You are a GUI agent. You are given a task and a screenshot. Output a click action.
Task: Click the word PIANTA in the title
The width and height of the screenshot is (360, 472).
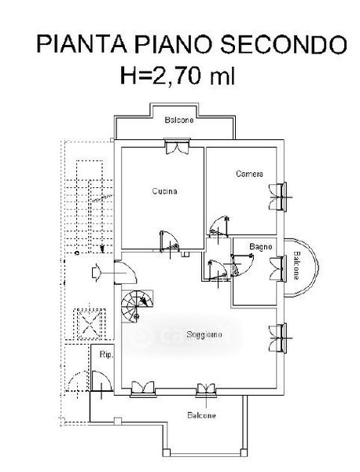82,44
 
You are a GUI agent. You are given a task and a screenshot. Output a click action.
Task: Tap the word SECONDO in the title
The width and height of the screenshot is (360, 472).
284,44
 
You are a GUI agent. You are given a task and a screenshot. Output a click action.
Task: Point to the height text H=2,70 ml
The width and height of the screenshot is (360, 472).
177,75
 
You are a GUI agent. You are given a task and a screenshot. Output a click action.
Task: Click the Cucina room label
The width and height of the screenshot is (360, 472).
164,191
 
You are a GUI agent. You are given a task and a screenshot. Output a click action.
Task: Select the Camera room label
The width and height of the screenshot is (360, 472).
249,174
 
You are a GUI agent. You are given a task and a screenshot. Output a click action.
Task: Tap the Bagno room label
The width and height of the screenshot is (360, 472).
260,247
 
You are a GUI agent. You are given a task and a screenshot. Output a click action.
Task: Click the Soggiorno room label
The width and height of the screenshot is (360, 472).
204,334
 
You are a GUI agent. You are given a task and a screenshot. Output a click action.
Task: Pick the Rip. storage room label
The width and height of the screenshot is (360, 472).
106,355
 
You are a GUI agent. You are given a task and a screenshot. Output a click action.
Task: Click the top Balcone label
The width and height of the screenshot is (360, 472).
179,120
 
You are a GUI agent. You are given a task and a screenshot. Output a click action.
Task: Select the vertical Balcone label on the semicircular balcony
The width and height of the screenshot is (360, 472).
296,265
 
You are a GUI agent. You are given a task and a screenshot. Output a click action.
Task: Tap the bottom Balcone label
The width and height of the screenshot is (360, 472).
201,415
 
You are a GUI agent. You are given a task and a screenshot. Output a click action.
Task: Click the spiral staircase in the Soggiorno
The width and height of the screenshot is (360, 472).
137,306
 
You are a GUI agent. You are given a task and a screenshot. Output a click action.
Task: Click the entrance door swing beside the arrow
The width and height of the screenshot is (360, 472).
126,273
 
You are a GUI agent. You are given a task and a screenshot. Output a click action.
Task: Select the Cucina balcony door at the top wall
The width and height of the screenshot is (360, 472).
178,146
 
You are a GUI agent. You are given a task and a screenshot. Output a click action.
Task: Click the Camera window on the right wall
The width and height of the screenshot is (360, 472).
278,197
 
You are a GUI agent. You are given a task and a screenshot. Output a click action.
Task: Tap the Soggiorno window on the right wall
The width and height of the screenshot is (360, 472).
278,337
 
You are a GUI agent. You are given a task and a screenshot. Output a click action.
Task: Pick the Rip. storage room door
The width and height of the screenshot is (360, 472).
101,382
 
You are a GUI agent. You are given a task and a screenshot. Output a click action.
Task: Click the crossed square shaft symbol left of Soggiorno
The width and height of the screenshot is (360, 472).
90,324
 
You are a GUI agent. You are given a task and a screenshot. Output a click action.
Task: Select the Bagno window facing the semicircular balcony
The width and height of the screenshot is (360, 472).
277,269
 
